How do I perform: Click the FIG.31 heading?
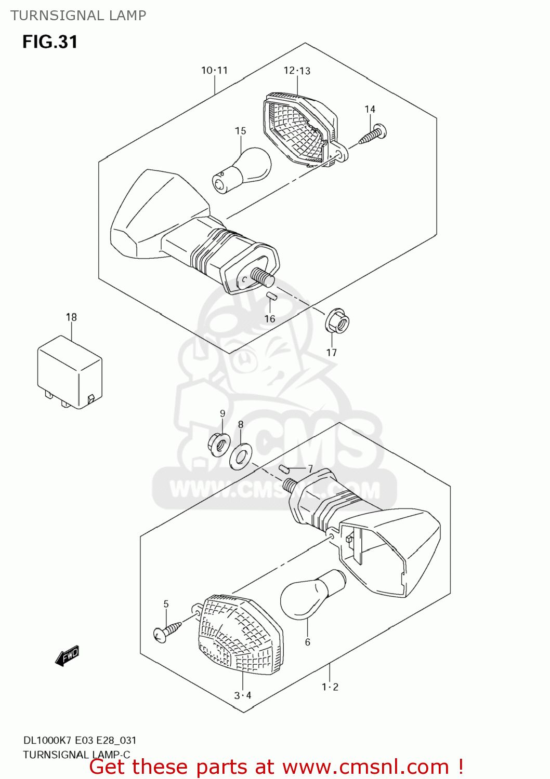coord(50,42)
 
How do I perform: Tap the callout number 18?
coord(71,317)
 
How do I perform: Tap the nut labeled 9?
coord(219,445)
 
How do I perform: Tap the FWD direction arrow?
coord(68,655)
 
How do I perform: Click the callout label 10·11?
coord(214,71)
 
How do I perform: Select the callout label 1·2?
coord(330,687)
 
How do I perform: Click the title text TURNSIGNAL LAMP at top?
coord(78,16)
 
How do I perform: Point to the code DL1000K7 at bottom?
coord(47,740)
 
